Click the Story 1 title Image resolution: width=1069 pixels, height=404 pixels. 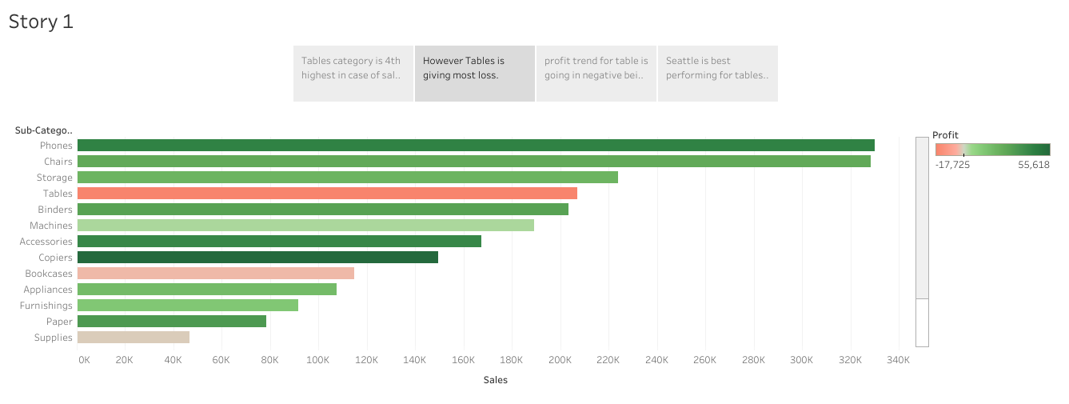click(41, 22)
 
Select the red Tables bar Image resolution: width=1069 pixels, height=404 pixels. click(327, 194)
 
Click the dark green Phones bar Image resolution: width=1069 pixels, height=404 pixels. click(476, 146)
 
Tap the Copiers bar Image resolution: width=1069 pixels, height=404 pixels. click(257, 258)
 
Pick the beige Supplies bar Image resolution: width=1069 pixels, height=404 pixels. click(134, 338)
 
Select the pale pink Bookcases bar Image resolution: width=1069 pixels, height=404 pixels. click(216, 274)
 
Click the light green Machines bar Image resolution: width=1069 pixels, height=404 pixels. click(305, 226)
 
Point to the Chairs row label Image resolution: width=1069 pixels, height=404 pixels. click(58, 162)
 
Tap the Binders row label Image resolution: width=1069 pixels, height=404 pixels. click(55, 210)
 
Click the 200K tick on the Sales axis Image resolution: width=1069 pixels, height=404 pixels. click(560, 360)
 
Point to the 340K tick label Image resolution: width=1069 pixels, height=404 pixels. click(899, 360)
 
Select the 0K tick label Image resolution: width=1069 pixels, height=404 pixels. click(84, 360)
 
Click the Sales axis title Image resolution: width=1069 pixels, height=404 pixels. click(496, 380)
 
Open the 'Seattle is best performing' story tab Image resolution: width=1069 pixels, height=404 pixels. click(717, 74)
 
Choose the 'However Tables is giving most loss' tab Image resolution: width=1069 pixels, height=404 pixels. click(474, 74)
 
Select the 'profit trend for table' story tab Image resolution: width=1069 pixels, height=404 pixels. click(596, 74)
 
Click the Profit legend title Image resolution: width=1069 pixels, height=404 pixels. click(945, 135)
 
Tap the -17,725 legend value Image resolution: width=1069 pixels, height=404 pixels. click(952, 165)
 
